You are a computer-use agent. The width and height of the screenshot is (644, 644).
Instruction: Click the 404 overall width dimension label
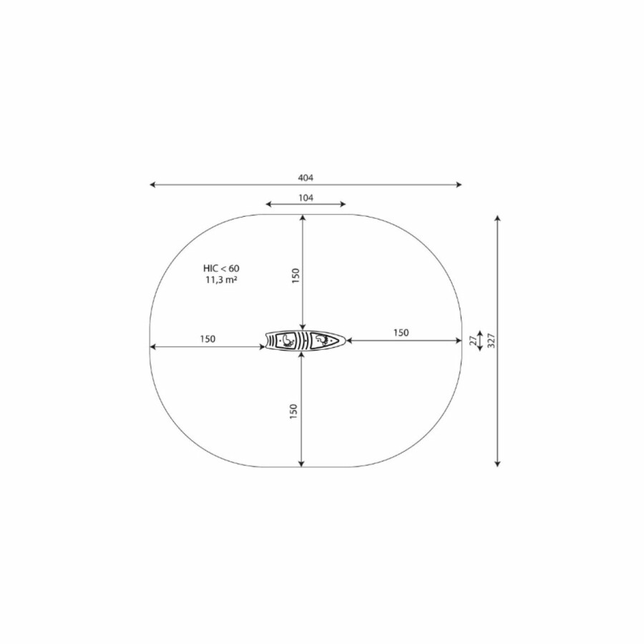tap(306, 178)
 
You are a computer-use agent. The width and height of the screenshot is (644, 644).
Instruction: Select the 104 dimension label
tap(306, 198)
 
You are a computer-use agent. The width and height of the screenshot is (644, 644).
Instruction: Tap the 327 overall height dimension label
tap(492, 341)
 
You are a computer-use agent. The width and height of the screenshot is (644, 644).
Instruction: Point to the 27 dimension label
tap(474, 341)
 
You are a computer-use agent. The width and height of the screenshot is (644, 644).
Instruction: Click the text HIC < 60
tap(221, 268)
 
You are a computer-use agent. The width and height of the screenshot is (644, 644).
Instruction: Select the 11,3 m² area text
tap(221, 280)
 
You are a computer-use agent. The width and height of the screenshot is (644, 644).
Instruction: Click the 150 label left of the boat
tap(208, 339)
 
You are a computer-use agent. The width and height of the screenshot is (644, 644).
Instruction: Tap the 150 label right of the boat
tap(401, 333)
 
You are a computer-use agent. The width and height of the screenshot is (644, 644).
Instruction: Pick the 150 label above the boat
tap(296, 275)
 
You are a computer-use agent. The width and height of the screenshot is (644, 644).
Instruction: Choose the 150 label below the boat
tap(293, 411)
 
